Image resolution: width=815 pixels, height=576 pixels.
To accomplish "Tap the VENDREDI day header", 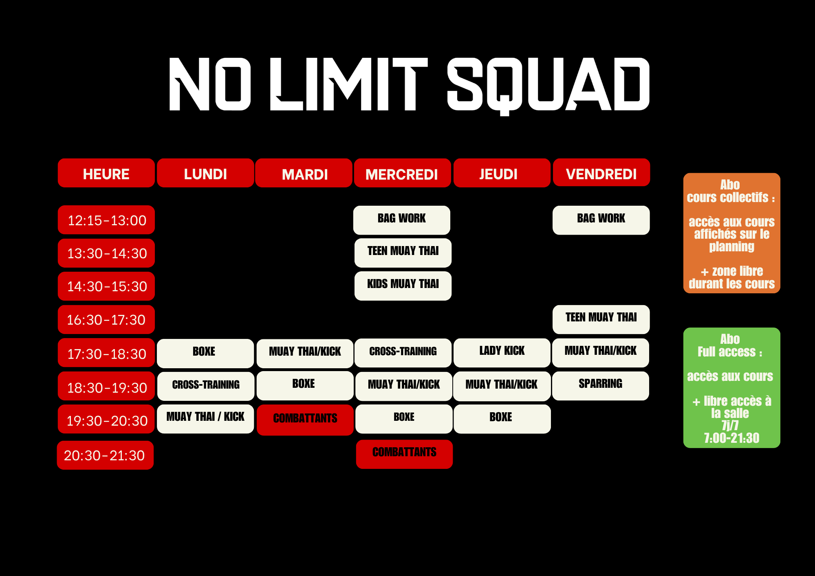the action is tap(601, 173).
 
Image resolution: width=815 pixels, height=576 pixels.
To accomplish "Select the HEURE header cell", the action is tap(106, 173).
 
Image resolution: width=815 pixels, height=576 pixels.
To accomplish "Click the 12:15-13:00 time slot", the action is tap(106, 220).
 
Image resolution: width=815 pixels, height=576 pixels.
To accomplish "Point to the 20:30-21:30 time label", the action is tap(105, 455).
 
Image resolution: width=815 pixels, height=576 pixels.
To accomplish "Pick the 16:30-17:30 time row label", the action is tap(106, 319).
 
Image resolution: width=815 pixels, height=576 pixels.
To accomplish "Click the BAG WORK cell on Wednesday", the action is tap(402, 220).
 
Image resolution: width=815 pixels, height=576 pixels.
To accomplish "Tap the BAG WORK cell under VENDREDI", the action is tap(601, 220).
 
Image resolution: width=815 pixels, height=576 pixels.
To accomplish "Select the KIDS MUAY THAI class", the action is tap(403, 286).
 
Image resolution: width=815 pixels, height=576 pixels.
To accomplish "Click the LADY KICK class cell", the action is tap(502, 353).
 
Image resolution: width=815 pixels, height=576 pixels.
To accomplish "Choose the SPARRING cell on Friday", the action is tap(601, 386).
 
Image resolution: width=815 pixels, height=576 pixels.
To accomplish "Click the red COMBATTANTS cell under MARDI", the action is tap(305, 420).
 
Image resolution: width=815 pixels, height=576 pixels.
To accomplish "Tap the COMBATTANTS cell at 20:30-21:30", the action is tap(404, 454).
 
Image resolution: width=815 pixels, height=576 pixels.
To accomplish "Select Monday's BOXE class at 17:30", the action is tap(205, 353).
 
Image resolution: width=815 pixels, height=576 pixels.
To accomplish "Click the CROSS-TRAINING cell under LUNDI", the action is tap(206, 386).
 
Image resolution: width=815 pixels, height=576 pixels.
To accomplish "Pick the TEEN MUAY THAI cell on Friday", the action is tap(601, 319).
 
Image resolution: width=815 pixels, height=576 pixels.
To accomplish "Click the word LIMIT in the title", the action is tap(349, 84).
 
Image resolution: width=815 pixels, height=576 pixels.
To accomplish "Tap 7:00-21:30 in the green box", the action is tap(732, 438).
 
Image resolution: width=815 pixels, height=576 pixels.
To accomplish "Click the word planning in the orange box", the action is tap(732, 247).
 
